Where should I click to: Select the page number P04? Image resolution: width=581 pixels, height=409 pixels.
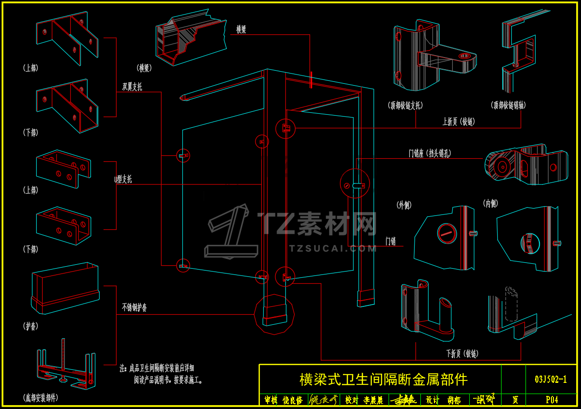[551, 400]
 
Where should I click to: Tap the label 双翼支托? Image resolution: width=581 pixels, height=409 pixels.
[132, 87]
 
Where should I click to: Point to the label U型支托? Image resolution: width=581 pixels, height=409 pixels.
[123, 180]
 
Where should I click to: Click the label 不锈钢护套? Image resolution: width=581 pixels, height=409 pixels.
[134, 307]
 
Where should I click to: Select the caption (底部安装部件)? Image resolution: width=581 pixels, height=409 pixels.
[41, 398]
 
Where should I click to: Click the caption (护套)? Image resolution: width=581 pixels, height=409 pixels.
[30, 326]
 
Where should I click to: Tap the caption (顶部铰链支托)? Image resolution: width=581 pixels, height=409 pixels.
[405, 105]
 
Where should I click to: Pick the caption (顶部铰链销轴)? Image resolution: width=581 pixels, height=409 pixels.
[508, 105]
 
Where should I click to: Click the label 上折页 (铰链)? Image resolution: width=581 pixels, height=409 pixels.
[458, 122]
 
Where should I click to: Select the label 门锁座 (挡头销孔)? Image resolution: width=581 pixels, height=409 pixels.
[430, 154]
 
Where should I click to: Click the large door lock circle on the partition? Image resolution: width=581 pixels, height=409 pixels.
[355, 183]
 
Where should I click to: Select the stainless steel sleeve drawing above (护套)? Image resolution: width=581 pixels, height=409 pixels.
[65, 288]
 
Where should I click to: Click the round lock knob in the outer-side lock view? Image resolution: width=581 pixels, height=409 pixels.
[447, 234]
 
